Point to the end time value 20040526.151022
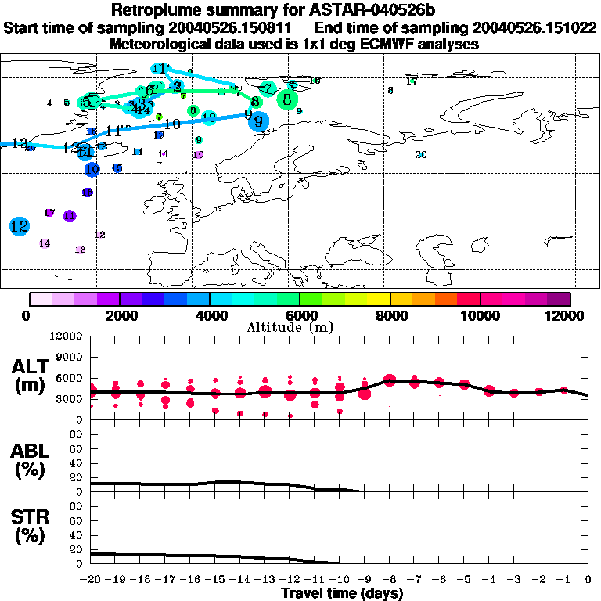coord(533,28)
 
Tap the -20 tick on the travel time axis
coord(91,578)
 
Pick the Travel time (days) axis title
coord(342,593)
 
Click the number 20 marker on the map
coord(421,154)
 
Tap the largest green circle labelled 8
coord(288,99)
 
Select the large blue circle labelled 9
coord(258,121)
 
